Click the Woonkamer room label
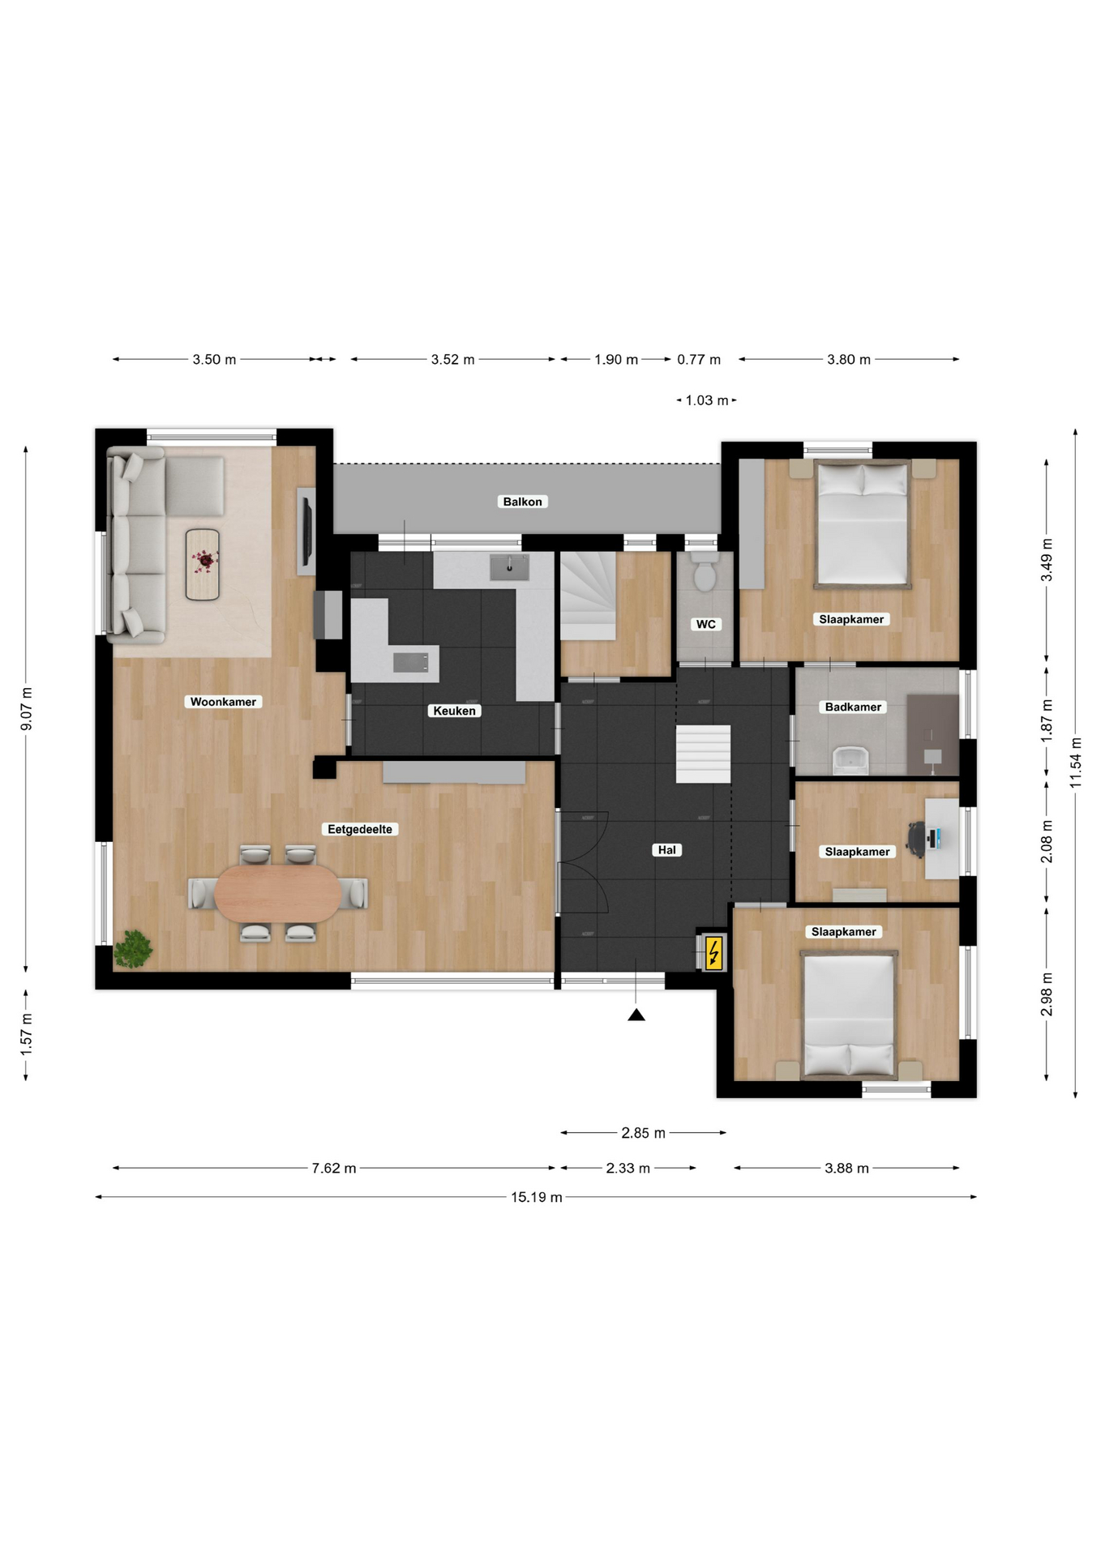(223, 702)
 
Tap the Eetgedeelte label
(360, 829)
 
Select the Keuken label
(454, 711)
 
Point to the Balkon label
(522, 502)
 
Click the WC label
(705, 624)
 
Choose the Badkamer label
(853, 707)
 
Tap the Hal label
(667, 850)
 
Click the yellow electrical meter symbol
(713, 952)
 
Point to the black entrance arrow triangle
(636, 1015)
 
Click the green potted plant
(132, 949)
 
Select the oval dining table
(278, 893)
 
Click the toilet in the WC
(705, 573)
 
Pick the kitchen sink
(509, 566)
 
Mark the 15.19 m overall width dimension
(536, 1197)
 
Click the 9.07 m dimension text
(27, 709)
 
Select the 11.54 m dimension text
(1076, 762)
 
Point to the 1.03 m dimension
(707, 400)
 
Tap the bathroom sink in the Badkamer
(850, 759)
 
